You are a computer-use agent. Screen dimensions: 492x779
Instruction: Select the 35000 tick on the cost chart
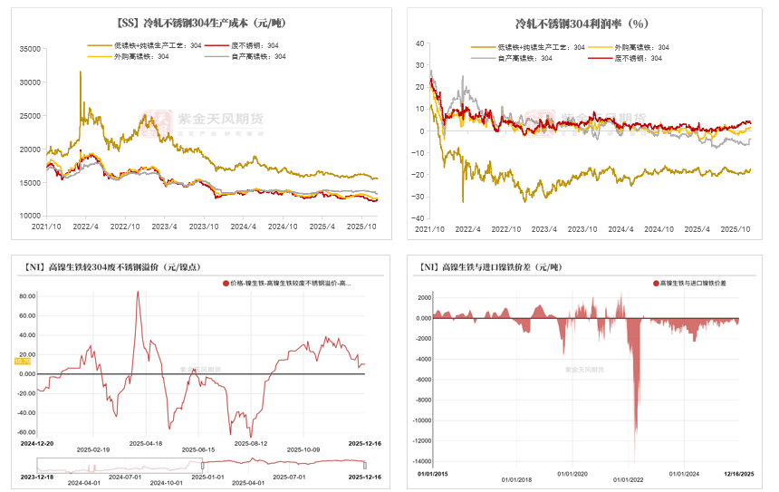pyautogui.click(x=30, y=49)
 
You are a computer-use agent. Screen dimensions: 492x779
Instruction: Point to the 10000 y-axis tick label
pyautogui.click(x=30, y=216)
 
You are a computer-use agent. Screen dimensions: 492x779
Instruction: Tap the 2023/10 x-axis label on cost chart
pyautogui.click(x=204, y=227)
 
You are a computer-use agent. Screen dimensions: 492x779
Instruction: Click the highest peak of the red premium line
pyautogui.click(x=138, y=291)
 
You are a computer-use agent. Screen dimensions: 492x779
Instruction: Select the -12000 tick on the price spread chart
pyautogui.click(x=419, y=441)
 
